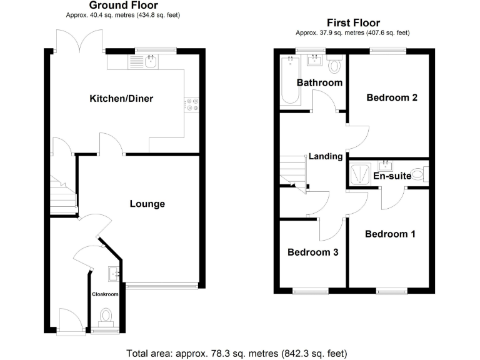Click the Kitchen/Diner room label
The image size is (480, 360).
tap(121, 99)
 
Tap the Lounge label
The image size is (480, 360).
tap(147, 204)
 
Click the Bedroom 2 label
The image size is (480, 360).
tap(392, 97)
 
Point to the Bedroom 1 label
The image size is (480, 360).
tap(390, 234)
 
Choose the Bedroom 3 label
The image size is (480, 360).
tap(313, 252)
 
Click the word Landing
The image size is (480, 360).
tap(326, 156)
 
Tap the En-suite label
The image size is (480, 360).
tap(392, 176)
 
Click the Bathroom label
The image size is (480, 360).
tap(319, 82)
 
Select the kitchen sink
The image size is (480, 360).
tap(150, 61)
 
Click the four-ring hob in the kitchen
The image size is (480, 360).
tap(192, 105)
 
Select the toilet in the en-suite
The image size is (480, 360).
tap(427, 172)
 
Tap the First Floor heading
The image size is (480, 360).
tap(353, 23)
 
